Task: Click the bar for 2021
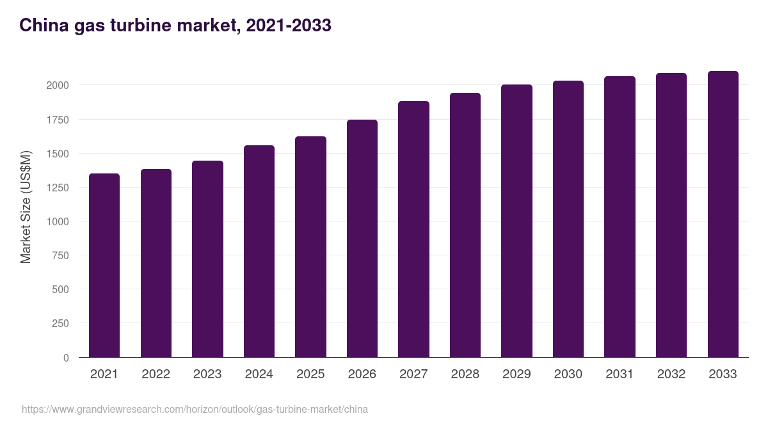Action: (x=104, y=265)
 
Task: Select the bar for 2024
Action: (x=259, y=251)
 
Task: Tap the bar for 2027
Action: (x=413, y=229)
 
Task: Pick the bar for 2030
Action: (x=568, y=219)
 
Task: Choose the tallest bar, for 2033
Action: (x=723, y=214)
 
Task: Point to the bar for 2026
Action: (x=362, y=238)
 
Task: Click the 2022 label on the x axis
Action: (x=156, y=374)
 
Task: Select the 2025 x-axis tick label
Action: (x=310, y=374)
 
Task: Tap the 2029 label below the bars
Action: (x=516, y=374)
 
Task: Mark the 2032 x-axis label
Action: (x=671, y=374)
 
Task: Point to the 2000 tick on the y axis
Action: (x=58, y=85)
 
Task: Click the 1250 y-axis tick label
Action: (x=58, y=188)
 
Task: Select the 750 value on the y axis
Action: (x=61, y=255)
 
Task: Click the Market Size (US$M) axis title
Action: (x=26, y=207)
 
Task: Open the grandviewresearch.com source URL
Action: (x=195, y=409)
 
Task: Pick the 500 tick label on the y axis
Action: (x=61, y=289)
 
